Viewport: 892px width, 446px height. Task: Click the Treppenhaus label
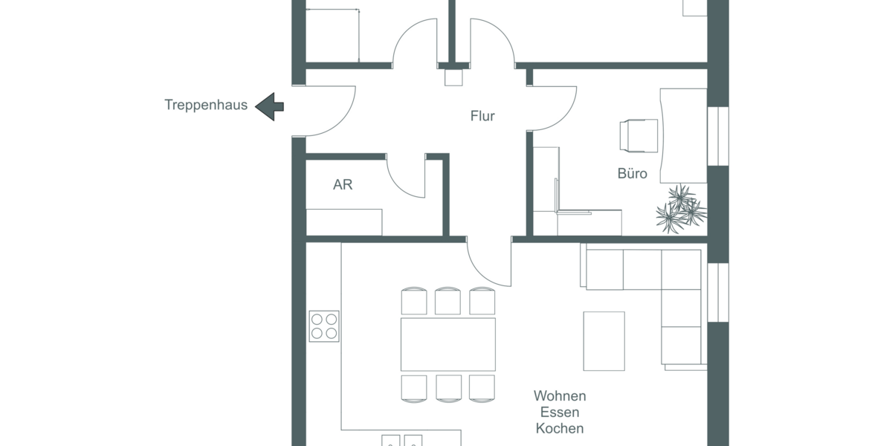click(x=206, y=105)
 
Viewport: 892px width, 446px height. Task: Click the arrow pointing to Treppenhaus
click(x=269, y=106)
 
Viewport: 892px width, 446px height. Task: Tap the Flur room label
click(x=482, y=116)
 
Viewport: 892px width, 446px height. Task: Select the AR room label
click(x=343, y=185)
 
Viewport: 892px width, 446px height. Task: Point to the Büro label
click(x=632, y=174)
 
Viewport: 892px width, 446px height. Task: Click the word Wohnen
click(x=560, y=396)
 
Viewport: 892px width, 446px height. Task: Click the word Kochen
click(x=560, y=429)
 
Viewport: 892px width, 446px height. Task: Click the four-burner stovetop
click(x=324, y=326)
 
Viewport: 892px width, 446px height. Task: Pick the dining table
click(x=447, y=344)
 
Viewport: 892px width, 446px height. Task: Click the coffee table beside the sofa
click(x=604, y=340)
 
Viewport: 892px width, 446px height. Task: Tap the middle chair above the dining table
click(x=447, y=301)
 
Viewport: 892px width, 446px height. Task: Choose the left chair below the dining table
click(x=413, y=388)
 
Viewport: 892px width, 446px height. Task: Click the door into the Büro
click(x=554, y=108)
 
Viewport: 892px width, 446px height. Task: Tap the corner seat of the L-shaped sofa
click(x=681, y=269)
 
